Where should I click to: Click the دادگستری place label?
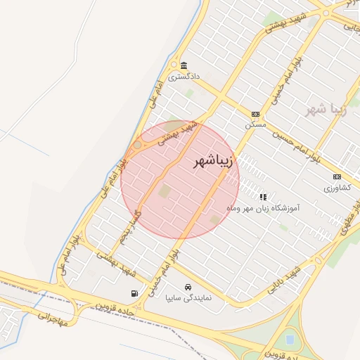point(185,74)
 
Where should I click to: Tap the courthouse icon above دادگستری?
point(184,64)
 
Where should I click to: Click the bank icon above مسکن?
point(255,114)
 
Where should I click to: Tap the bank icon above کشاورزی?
point(337,176)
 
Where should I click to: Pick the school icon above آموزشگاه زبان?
point(263,198)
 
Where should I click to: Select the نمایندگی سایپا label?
point(188,297)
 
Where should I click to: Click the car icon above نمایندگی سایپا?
point(188,288)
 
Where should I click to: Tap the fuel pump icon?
point(134,293)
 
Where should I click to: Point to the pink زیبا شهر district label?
point(323,110)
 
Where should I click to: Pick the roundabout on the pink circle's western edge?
point(138,145)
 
